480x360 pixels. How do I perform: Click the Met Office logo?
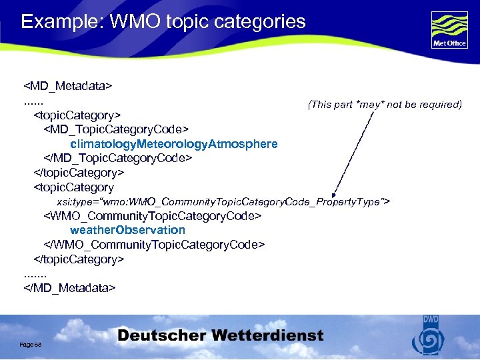click(449, 30)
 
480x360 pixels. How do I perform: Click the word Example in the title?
click(55, 21)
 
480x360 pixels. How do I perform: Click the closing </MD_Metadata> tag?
click(69, 287)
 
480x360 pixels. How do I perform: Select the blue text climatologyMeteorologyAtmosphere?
click(173, 144)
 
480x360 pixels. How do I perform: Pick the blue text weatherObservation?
click(127, 230)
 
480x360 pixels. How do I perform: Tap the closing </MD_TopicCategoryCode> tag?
click(118, 159)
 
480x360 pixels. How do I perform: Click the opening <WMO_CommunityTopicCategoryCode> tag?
click(152, 216)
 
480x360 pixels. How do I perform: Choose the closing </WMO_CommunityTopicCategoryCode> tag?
click(154, 245)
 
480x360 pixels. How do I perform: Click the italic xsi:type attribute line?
click(223, 201)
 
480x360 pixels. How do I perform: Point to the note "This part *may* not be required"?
click(385, 105)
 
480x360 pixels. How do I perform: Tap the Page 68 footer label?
click(30, 343)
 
